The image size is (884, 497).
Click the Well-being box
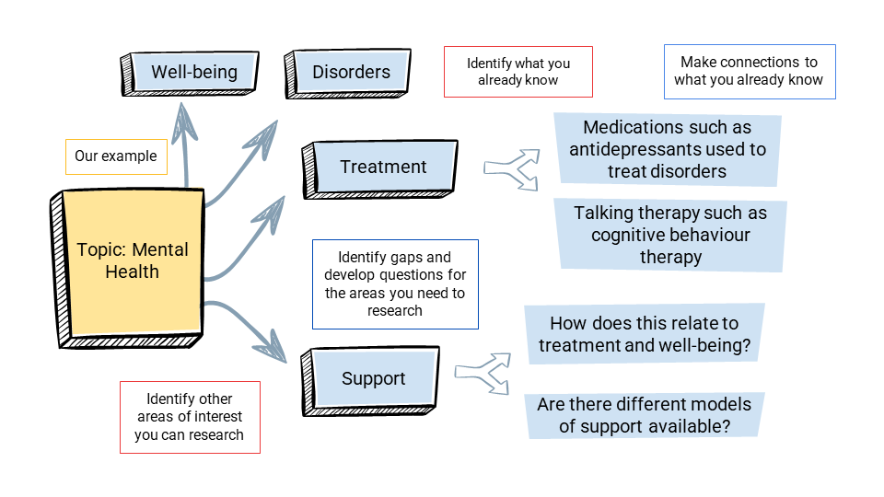click(x=193, y=73)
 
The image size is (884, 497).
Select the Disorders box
click(x=351, y=73)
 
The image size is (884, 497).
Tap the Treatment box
click(x=383, y=168)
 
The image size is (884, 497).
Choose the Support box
click(x=373, y=379)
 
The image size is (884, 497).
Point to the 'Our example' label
click(x=116, y=156)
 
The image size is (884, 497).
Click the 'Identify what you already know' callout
click(x=518, y=72)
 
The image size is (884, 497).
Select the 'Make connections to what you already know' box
click(x=749, y=72)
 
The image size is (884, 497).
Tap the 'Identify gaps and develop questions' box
click(x=395, y=284)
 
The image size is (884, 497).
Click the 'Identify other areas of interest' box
click(x=190, y=417)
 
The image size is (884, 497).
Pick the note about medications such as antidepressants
click(x=668, y=149)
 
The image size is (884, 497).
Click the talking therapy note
click(x=670, y=236)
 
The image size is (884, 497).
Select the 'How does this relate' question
click(x=644, y=334)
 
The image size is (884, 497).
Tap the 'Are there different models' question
click(x=644, y=415)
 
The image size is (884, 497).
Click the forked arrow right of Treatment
click(x=512, y=168)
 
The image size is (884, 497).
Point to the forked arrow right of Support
click(x=483, y=373)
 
